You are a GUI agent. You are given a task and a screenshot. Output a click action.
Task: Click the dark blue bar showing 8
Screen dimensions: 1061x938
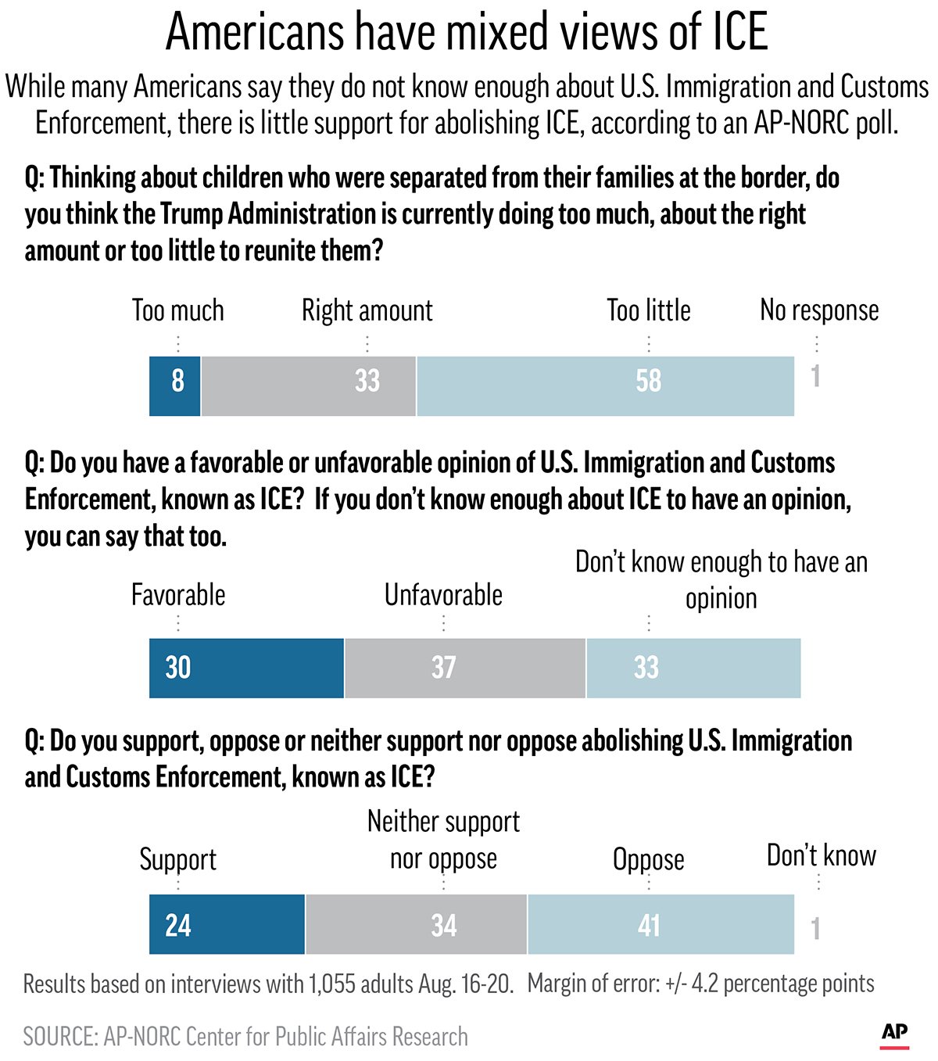pyautogui.click(x=175, y=385)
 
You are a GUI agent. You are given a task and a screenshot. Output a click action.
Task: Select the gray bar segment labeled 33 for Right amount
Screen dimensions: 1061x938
pyautogui.click(x=309, y=385)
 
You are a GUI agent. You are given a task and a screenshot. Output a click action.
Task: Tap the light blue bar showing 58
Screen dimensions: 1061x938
pyautogui.click(x=606, y=385)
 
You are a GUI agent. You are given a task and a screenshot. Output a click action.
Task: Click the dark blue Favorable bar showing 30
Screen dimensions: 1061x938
pyautogui.click(x=246, y=668)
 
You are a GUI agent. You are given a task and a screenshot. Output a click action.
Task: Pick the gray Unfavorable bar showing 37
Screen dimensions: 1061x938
pyautogui.click(x=465, y=668)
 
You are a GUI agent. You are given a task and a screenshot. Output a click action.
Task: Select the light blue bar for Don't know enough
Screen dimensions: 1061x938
pyautogui.click(x=693, y=668)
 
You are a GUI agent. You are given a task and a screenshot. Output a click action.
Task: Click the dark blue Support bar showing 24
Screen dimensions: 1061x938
pyautogui.click(x=227, y=925)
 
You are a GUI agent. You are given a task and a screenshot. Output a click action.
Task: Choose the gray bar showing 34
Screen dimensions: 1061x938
pyautogui.click(x=416, y=925)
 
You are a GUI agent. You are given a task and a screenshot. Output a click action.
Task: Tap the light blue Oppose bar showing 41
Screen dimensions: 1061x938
pyautogui.click(x=661, y=925)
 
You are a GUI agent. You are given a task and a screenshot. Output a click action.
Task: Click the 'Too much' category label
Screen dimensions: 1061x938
pyautogui.click(x=178, y=310)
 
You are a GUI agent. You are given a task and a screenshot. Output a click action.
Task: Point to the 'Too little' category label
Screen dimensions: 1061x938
pyautogui.click(x=649, y=310)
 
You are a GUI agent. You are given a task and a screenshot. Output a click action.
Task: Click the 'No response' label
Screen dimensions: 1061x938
pyautogui.click(x=819, y=310)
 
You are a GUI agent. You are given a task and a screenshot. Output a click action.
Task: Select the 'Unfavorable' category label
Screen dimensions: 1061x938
pyautogui.click(x=443, y=595)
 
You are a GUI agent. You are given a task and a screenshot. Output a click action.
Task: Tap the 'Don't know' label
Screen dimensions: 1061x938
pyautogui.click(x=821, y=855)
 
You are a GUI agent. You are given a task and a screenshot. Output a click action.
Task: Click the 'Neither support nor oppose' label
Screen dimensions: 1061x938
pyautogui.click(x=443, y=840)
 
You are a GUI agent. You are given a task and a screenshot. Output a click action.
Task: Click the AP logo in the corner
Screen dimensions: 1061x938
pyautogui.click(x=895, y=1033)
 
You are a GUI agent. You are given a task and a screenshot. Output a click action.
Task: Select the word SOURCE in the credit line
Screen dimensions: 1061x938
pyautogui.click(x=59, y=1037)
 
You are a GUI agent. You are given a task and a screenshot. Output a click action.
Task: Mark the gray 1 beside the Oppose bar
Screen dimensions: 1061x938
pyautogui.click(x=815, y=929)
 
